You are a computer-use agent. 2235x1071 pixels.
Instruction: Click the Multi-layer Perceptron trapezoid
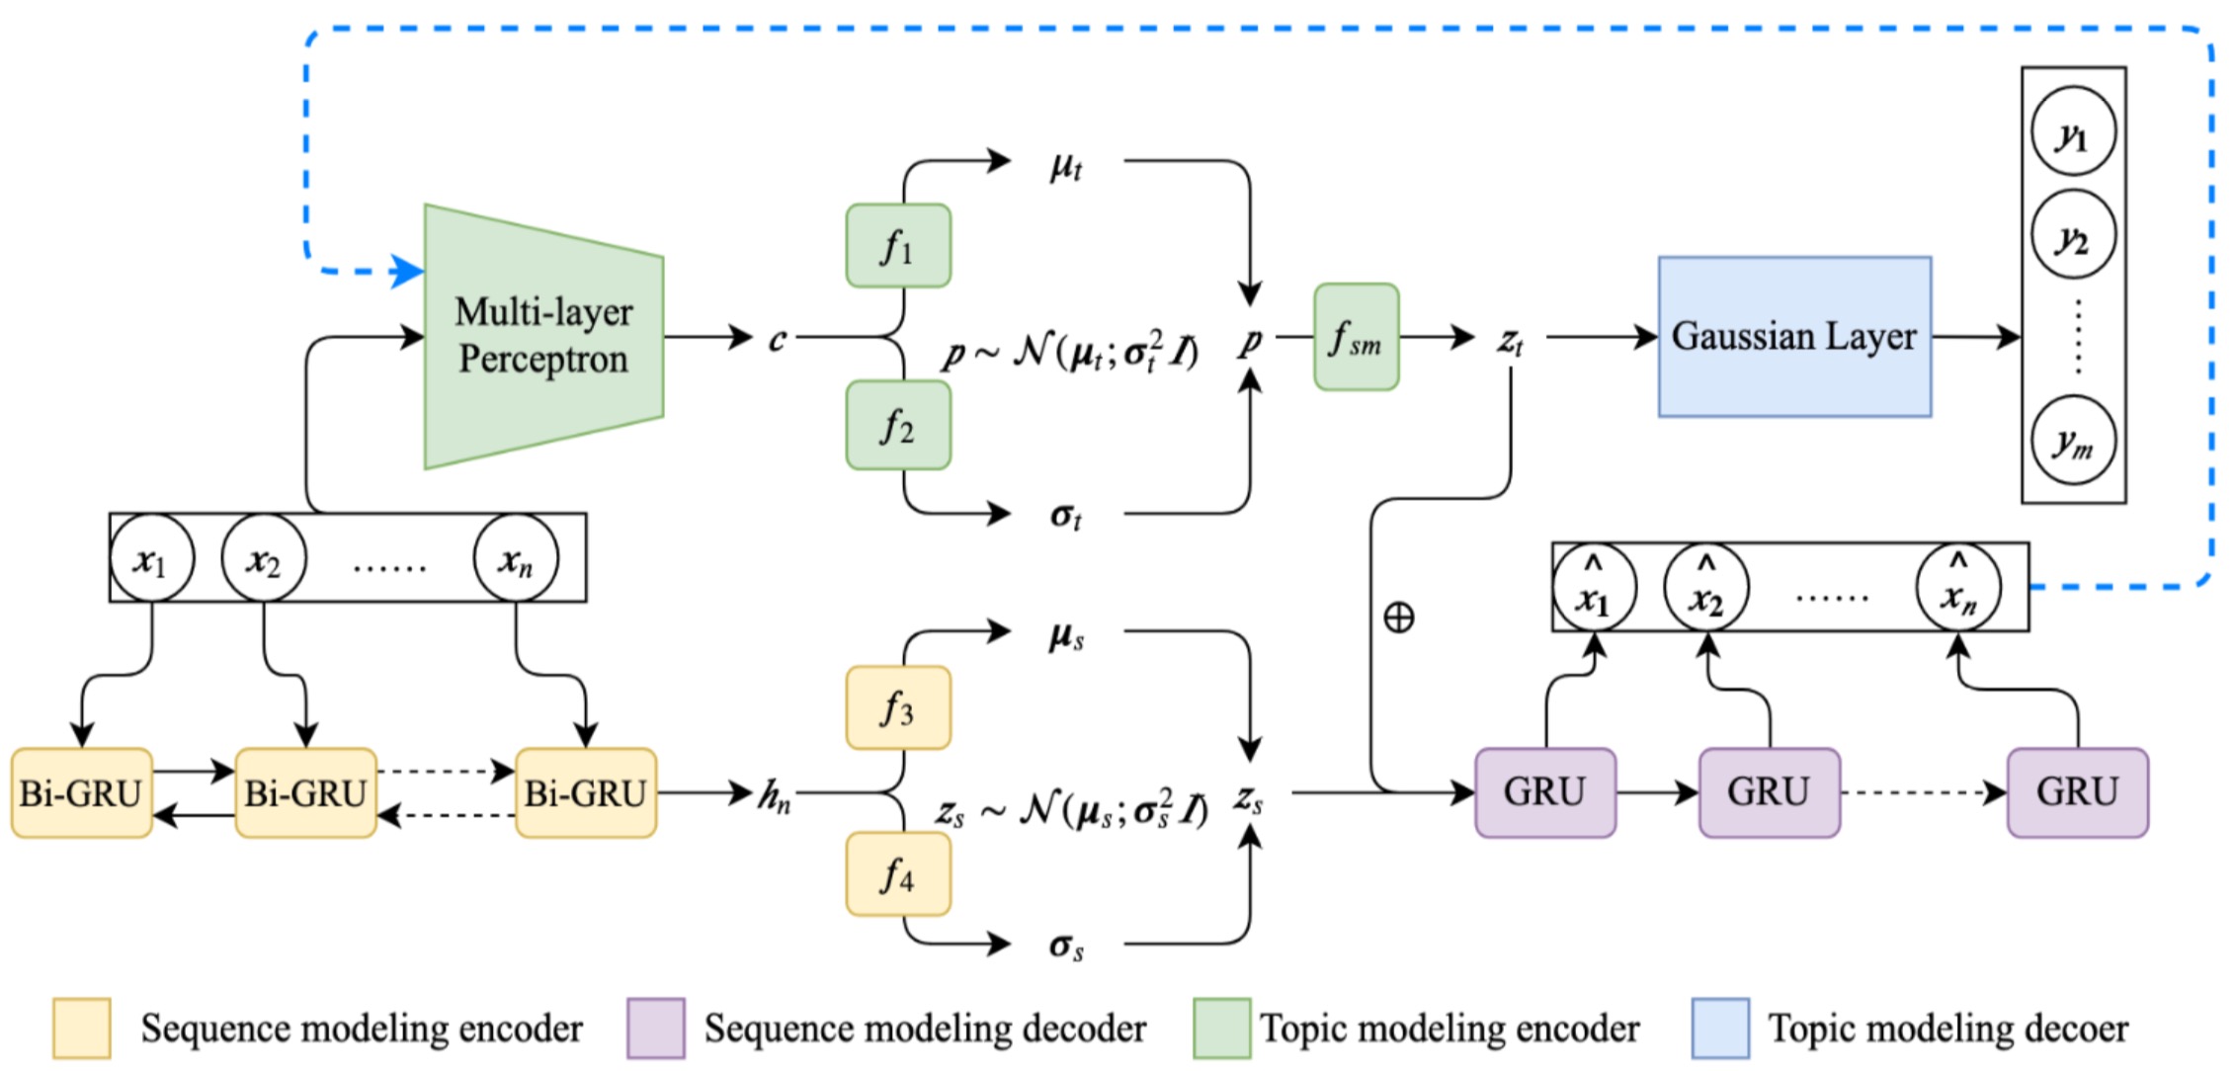(x=543, y=336)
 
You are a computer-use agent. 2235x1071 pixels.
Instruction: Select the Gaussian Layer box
(x=1794, y=336)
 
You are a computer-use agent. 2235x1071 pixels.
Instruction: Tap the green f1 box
(x=898, y=245)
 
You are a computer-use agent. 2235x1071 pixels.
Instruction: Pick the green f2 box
(x=898, y=425)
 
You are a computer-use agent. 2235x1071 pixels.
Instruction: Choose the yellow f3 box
(x=898, y=707)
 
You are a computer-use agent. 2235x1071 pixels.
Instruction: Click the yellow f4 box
(x=898, y=873)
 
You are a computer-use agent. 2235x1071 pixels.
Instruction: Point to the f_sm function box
(x=1356, y=337)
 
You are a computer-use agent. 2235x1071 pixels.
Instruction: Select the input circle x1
(x=151, y=558)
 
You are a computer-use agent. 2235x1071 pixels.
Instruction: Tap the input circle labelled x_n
(x=516, y=558)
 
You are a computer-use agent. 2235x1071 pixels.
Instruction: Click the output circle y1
(x=2073, y=132)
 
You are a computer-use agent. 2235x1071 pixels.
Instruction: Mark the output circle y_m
(x=2073, y=441)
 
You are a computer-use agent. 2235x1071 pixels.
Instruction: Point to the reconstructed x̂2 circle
(x=1706, y=588)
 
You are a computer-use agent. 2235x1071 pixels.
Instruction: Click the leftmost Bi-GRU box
(x=82, y=792)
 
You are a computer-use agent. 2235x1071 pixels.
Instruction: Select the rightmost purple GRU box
(x=2077, y=792)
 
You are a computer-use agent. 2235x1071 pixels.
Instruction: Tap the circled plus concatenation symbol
(x=1398, y=618)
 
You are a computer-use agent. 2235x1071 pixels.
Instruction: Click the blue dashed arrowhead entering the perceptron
(x=407, y=271)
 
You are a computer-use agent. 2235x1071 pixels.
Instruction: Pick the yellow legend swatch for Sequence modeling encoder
(x=82, y=1028)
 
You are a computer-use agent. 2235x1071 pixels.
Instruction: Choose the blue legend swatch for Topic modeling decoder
(x=1720, y=1028)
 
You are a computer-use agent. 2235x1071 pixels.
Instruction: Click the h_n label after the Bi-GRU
(x=775, y=794)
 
